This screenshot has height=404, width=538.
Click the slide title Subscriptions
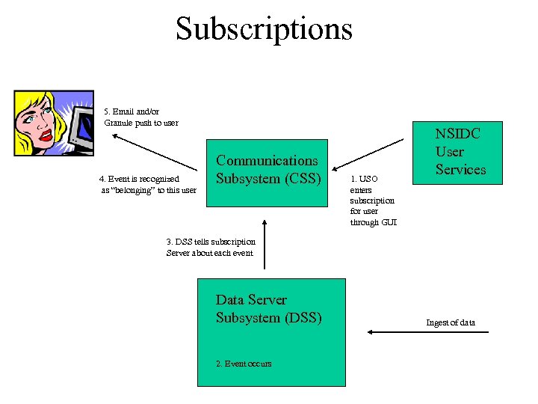[x=264, y=29]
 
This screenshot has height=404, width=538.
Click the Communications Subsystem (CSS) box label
[x=267, y=170]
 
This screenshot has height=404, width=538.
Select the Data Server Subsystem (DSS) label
[x=268, y=308]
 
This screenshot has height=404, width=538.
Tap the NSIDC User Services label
[x=460, y=152]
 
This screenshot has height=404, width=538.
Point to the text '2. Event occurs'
[x=244, y=364]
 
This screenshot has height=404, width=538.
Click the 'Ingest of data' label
[x=450, y=322]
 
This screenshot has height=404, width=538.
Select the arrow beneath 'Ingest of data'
[x=429, y=331]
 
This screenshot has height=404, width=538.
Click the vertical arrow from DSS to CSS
[x=263, y=244]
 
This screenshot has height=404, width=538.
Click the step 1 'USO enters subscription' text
[x=373, y=201]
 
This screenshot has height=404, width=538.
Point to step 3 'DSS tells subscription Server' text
[x=210, y=247]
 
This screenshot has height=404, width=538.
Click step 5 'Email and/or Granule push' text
[x=140, y=117]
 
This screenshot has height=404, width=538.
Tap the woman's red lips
[x=46, y=135]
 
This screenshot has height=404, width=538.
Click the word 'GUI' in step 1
[x=389, y=222]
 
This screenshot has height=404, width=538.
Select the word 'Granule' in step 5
[x=120, y=123]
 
